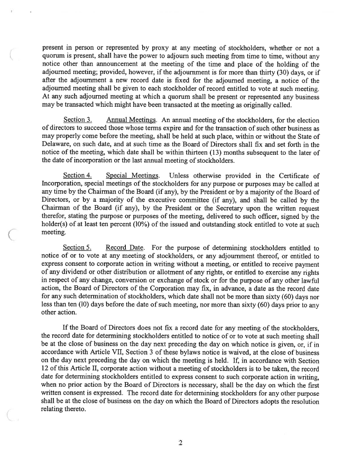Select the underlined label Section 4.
[78, 175]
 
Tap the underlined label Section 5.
[78, 247]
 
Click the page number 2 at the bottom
[180, 443]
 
